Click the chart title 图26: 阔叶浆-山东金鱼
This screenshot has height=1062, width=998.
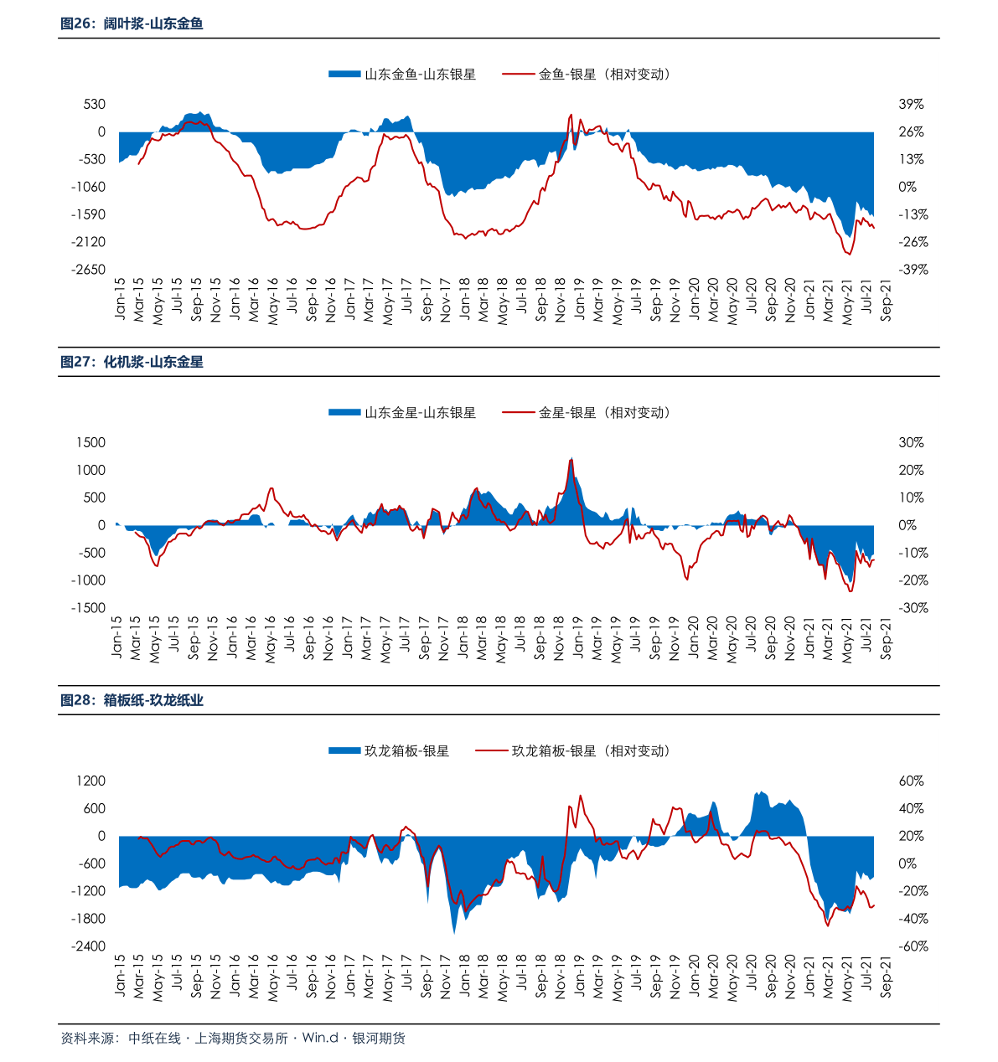(132, 24)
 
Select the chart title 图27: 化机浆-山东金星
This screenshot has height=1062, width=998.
(132, 363)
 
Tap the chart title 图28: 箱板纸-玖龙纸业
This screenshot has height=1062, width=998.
(132, 701)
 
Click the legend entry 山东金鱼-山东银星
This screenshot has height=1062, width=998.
(403, 75)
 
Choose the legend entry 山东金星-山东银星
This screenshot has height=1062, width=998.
(403, 413)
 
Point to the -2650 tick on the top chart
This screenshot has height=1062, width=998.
(89, 270)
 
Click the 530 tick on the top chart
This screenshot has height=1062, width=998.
(95, 105)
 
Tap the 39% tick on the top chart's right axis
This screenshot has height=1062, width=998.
(912, 105)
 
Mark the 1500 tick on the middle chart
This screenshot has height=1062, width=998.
(90, 443)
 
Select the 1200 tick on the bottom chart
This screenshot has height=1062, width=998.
(90, 781)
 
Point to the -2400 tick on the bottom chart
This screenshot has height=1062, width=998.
(89, 946)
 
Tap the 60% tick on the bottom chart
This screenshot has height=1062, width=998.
(912, 781)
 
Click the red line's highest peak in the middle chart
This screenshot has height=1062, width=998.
(571, 459)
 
